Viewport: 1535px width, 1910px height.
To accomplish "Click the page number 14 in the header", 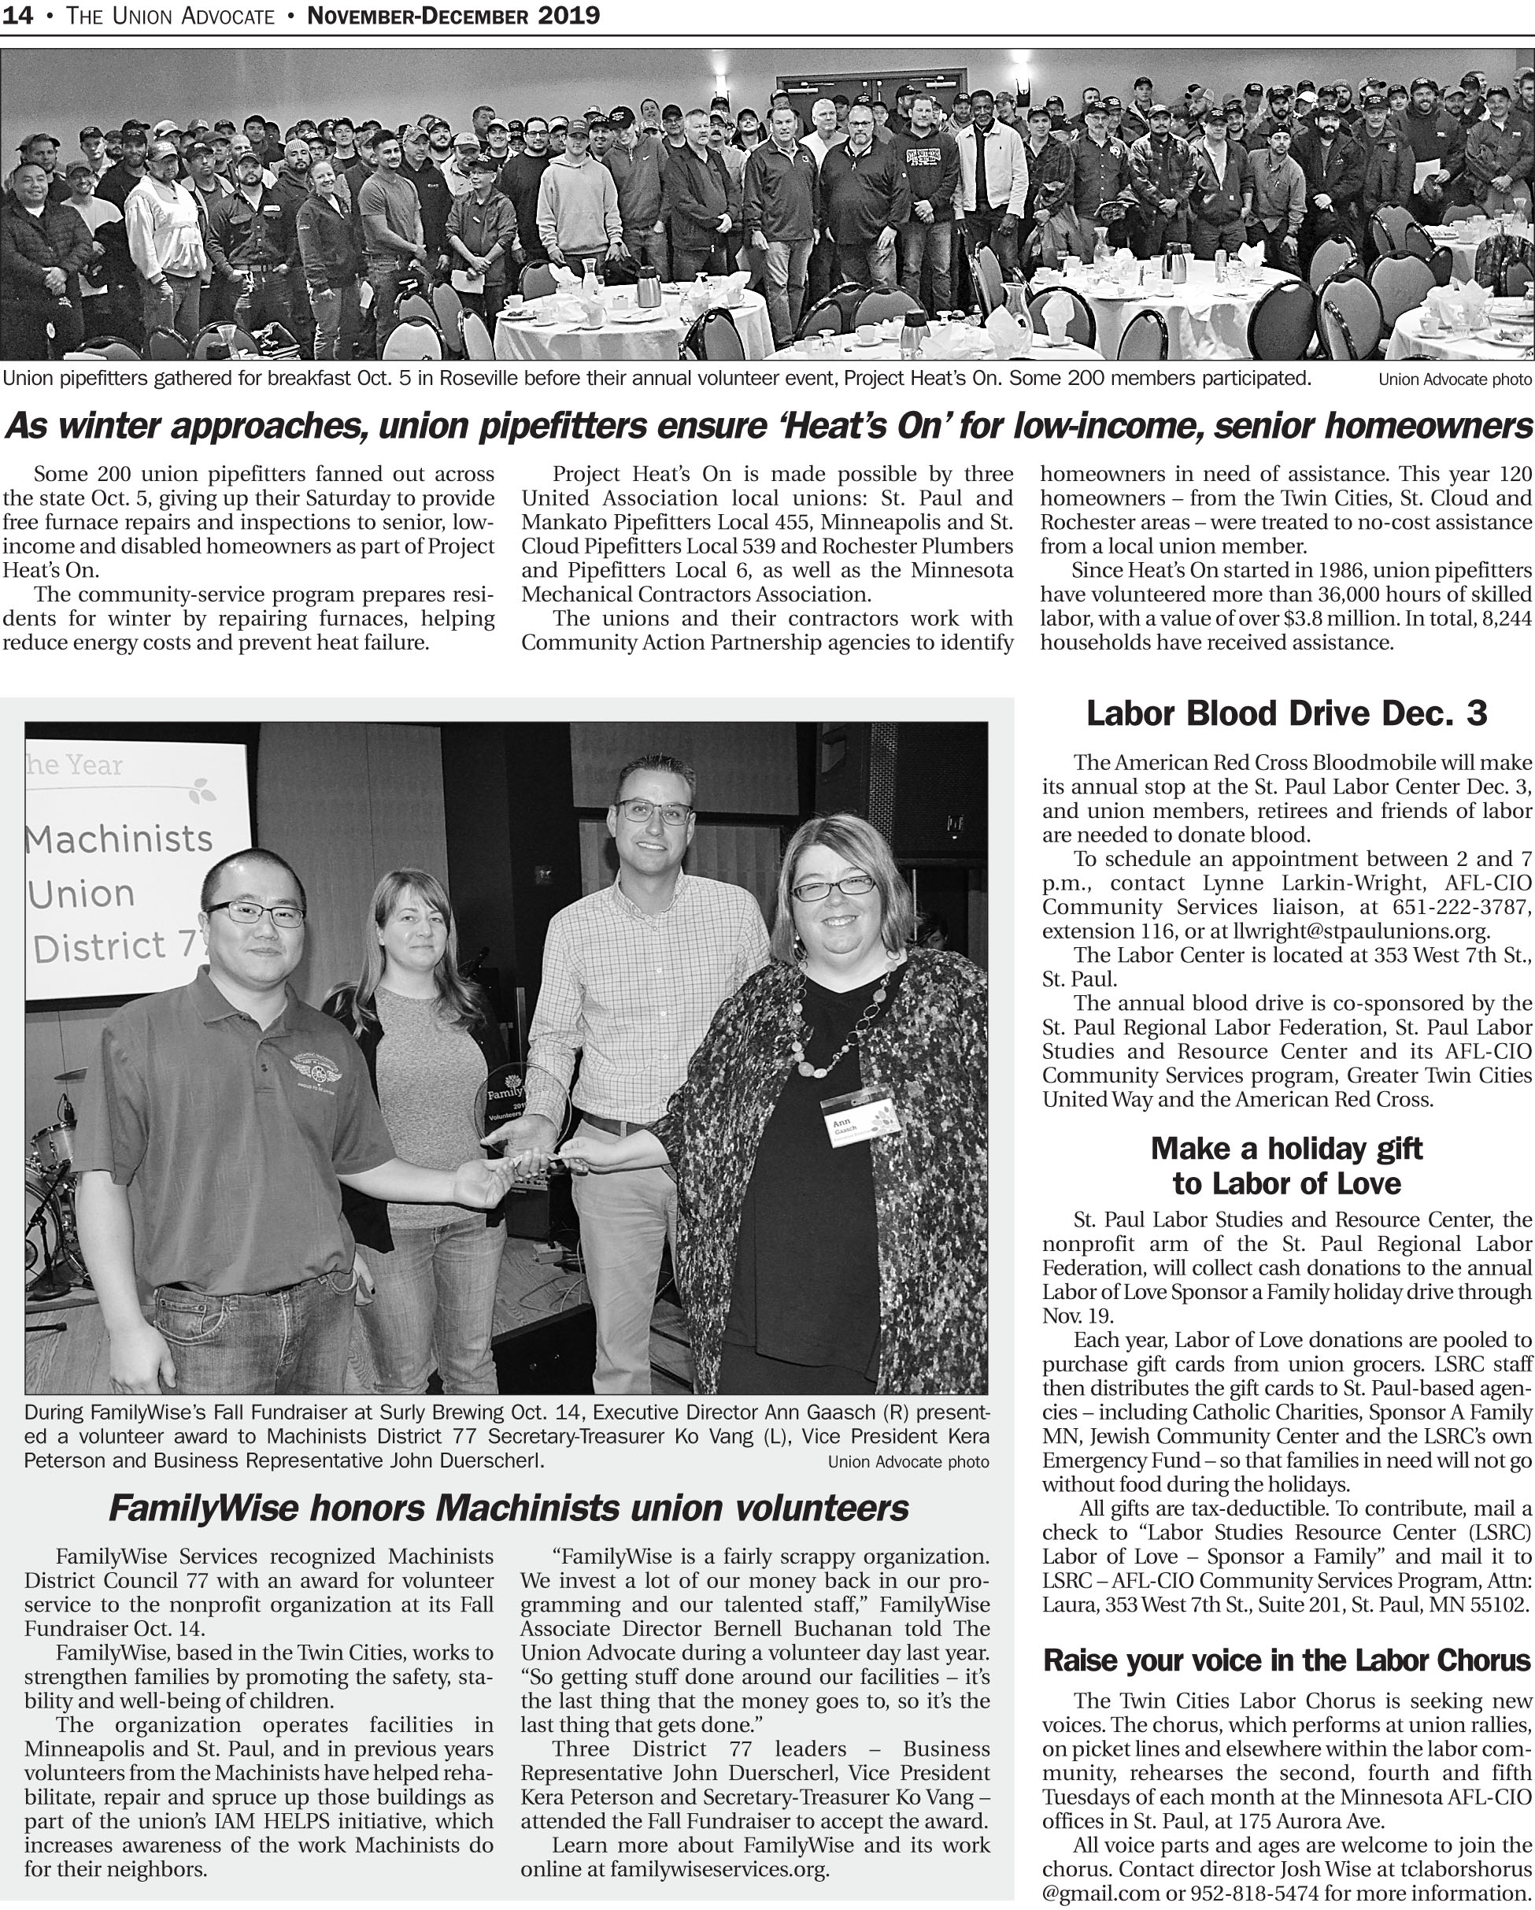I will tap(18, 15).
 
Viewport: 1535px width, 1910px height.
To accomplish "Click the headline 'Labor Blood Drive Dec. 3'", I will tap(1286, 713).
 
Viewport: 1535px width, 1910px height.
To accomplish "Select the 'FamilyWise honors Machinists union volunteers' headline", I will tap(509, 1507).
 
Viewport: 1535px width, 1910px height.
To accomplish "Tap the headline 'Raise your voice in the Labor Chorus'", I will tap(1287, 1660).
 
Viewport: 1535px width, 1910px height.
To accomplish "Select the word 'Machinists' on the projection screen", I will tap(120, 837).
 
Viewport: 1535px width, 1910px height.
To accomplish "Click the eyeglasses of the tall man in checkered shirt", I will tap(653, 811).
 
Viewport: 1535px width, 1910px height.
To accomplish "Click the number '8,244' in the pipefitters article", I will tap(1506, 618).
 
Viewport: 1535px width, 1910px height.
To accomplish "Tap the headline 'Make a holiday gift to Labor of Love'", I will tap(1286, 1166).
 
